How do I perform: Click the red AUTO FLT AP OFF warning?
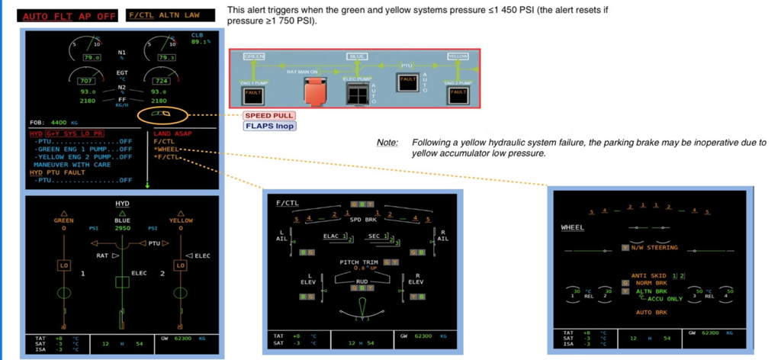click(69, 16)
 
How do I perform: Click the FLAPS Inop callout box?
click(269, 127)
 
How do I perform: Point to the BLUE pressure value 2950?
click(123, 227)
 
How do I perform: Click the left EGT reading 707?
click(86, 81)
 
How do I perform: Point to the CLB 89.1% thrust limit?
click(201, 39)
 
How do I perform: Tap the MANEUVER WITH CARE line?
click(71, 164)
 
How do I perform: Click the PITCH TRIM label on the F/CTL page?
click(358, 262)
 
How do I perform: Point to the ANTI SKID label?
click(649, 275)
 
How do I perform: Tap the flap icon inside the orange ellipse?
click(160, 114)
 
